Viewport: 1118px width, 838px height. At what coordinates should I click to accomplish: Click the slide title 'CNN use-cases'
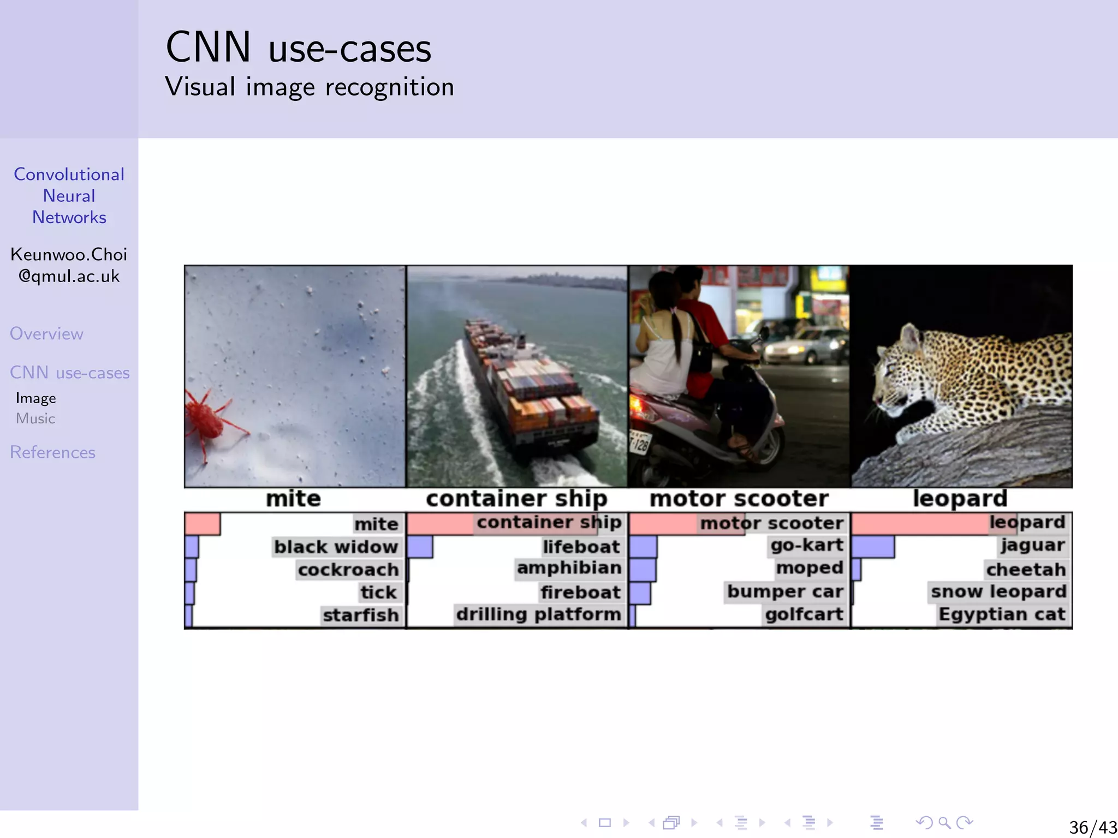[x=298, y=48]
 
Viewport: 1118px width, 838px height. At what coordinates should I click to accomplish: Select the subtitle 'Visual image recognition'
[x=310, y=87]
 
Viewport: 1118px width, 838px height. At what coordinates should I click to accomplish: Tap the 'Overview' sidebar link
[x=46, y=334]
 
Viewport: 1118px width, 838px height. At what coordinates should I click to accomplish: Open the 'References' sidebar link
[x=52, y=452]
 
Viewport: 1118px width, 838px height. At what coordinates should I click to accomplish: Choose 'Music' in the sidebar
[x=35, y=418]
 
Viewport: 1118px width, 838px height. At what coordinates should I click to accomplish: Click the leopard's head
[x=901, y=371]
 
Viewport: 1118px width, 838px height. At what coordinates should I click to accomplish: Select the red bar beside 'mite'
[x=203, y=524]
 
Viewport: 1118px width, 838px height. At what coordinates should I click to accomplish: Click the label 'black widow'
[x=336, y=547]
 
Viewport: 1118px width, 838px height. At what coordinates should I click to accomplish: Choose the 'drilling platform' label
[x=538, y=614]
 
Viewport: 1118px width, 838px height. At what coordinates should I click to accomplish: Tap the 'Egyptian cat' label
[x=1002, y=614]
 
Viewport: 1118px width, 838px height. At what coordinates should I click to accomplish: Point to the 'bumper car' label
[x=785, y=591]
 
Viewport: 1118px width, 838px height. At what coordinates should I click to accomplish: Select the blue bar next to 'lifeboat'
[x=420, y=547]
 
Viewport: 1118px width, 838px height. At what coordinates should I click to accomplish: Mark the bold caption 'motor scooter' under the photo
[x=739, y=499]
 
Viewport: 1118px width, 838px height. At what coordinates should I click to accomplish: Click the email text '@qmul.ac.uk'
[x=69, y=276]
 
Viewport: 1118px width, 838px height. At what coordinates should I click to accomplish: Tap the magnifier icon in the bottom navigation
[x=944, y=823]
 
